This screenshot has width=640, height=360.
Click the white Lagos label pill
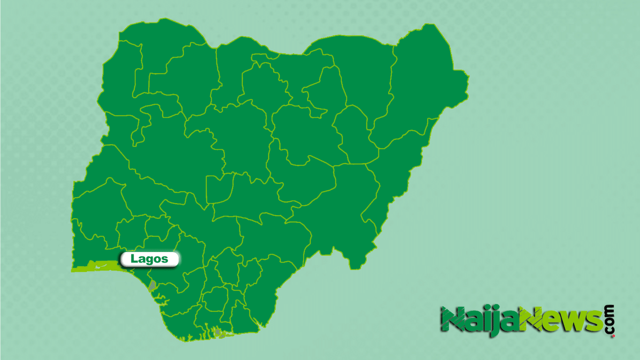150,259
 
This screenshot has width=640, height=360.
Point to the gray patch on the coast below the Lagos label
152,285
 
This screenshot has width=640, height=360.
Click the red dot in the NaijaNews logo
613,335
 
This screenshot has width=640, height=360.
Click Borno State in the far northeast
425,83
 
